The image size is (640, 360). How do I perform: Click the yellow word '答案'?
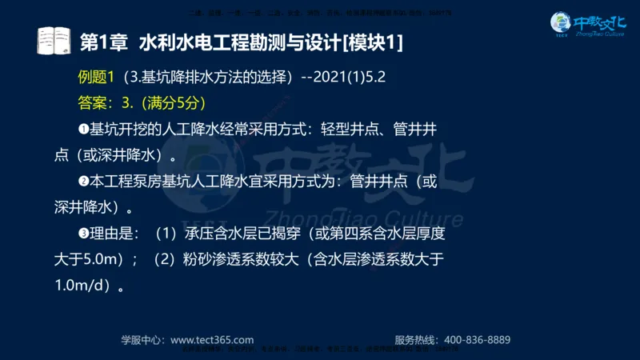[x=93, y=103]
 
